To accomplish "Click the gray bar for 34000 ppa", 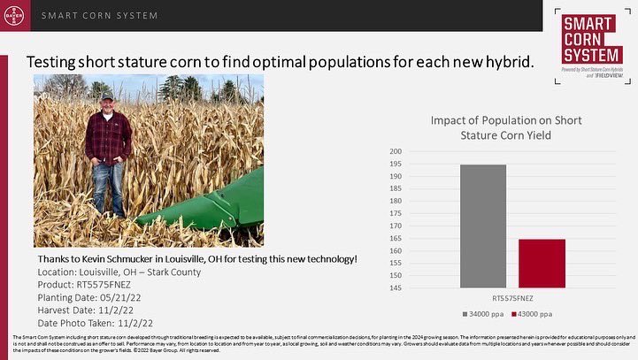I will click(x=483, y=226).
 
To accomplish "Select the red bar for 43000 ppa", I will click(x=542, y=263).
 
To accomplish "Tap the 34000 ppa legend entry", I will click(x=483, y=314).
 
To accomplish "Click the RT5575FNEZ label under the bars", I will click(x=512, y=299).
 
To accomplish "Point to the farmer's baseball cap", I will click(x=107, y=96).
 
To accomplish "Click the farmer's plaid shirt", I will click(x=107, y=137).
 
